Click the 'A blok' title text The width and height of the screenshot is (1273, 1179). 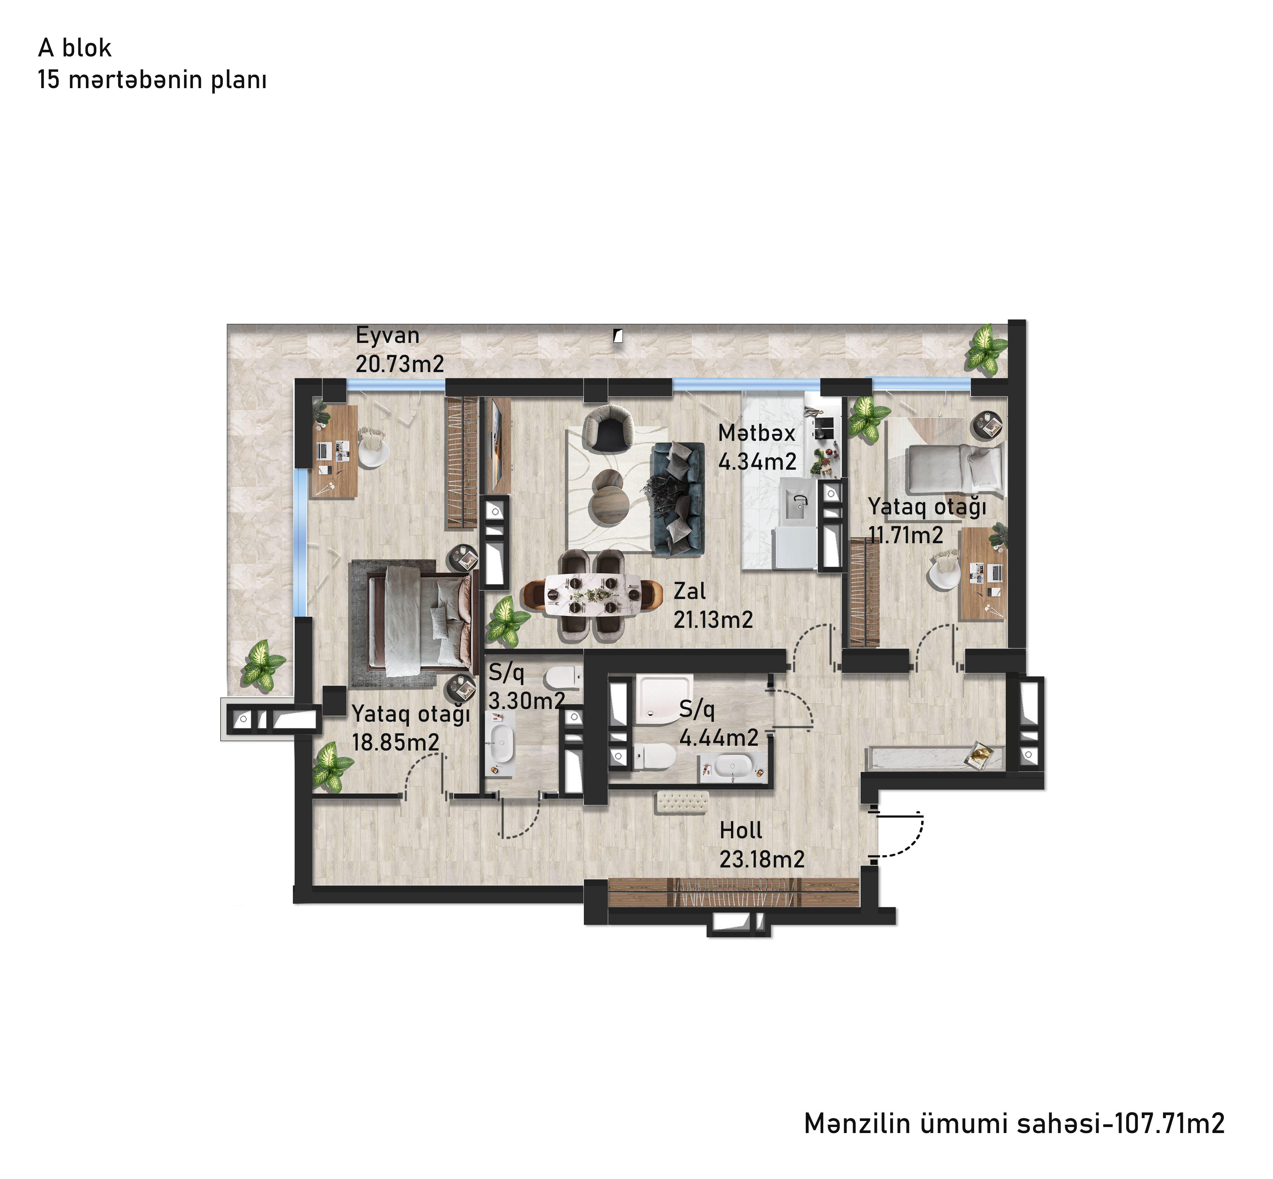tap(75, 48)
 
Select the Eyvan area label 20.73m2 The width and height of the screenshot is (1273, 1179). tap(399, 364)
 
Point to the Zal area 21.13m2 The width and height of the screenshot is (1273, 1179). tap(713, 619)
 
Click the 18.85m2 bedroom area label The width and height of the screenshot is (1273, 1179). tap(396, 742)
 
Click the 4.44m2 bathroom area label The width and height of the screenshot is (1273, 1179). tap(719, 738)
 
